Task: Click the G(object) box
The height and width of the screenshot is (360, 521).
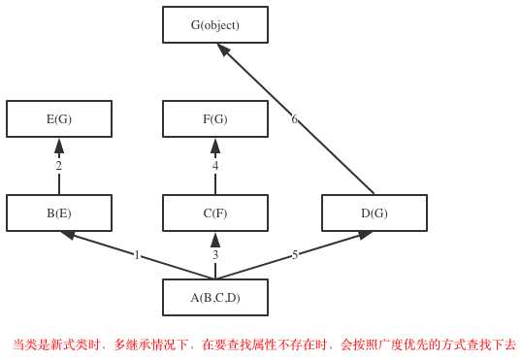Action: pos(215,25)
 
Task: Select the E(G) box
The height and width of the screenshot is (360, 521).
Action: pos(59,119)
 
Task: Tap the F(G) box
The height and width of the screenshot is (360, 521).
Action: pos(215,119)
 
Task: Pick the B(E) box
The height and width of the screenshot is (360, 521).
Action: pos(59,213)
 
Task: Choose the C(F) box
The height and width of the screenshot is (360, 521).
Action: pos(215,213)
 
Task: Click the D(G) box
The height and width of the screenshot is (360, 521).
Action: pos(374,213)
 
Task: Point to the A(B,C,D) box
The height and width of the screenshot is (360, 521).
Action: pos(215,298)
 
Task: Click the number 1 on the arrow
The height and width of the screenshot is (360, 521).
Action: pos(137,255)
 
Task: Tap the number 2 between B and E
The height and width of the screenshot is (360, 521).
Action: pos(58,166)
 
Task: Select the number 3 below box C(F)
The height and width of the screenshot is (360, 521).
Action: pos(215,255)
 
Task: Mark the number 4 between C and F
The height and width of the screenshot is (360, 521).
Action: pos(215,166)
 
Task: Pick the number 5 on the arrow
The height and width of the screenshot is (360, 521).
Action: pos(295,255)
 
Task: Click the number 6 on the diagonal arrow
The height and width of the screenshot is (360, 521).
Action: pos(294,119)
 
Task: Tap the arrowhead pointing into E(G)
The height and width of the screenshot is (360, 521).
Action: pos(59,146)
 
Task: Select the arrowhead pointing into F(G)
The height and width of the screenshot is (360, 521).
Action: pos(215,146)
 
